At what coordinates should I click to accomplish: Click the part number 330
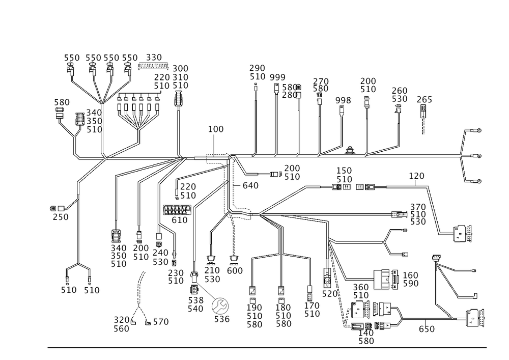(x=154, y=57)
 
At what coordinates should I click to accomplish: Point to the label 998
(x=344, y=100)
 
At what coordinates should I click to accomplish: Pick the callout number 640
(x=251, y=186)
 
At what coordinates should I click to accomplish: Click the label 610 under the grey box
(x=180, y=220)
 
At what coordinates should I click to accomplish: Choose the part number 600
(x=235, y=271)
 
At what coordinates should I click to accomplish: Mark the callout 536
(x=222, y=320)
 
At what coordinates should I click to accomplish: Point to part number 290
(x=258, y=68)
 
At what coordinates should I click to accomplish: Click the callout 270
(x=321, y=81)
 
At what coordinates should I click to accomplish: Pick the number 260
(x=400, y=90)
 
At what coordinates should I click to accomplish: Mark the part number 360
(x=361, y=287)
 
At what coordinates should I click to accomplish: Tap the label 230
(x=176, y=271)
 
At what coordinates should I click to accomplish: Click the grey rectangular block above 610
(x=177, y=209)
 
